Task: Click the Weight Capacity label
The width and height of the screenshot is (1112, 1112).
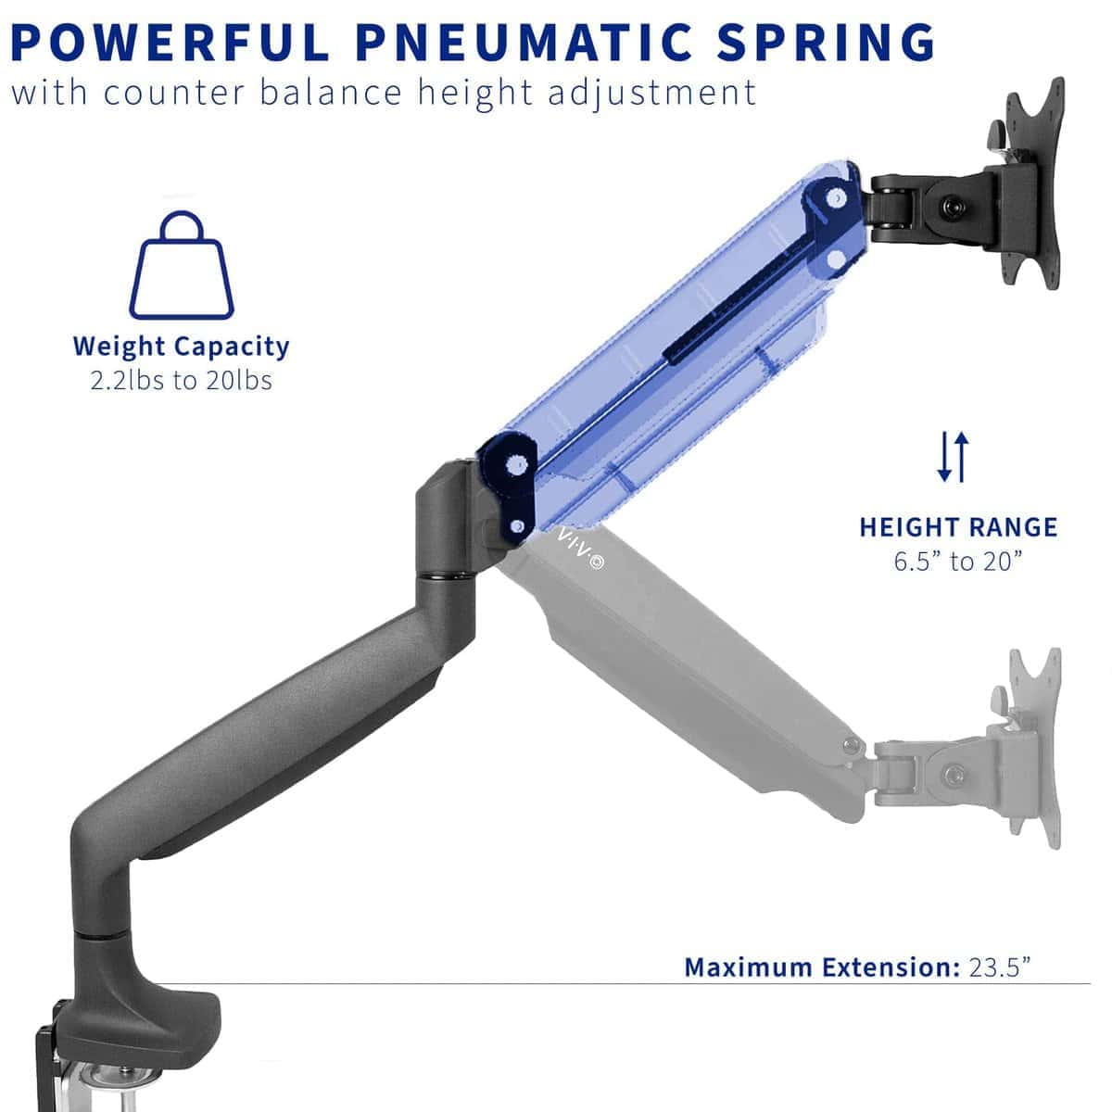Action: tap(182, 347)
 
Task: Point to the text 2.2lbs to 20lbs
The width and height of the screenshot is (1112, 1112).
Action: tap(182, 381)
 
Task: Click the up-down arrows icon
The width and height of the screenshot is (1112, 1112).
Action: tap(953, 457)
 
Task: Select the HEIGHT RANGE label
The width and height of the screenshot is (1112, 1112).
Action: tap(958, 527)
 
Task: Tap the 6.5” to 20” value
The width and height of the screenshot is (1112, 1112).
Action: tap(958, 562)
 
